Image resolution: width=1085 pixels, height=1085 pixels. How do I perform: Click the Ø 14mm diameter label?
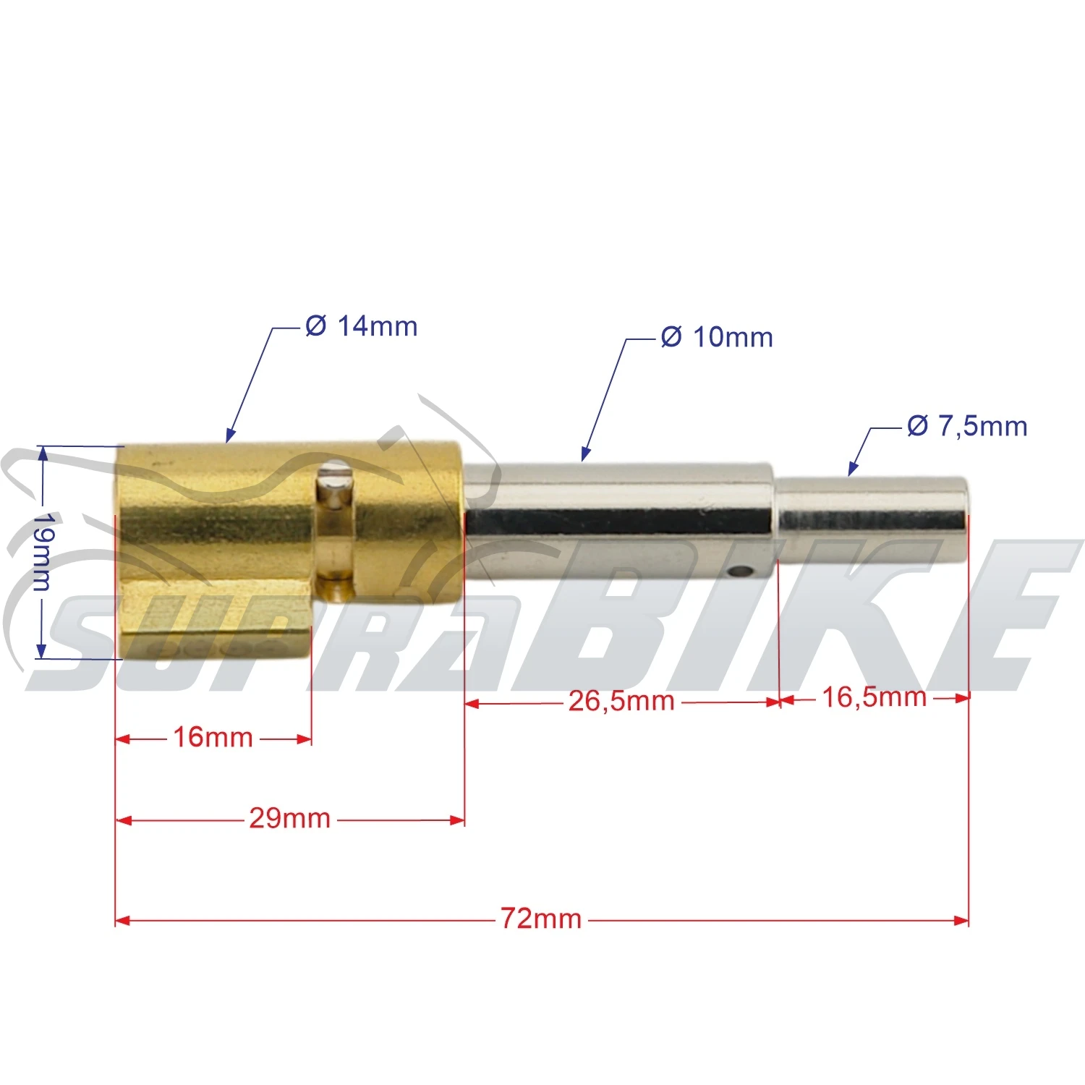click(x=361, y=326)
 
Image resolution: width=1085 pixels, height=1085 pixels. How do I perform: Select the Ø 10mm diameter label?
click(x=717, y=337)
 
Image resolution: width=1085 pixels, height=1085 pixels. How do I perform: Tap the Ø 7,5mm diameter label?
click(x=967, y=426)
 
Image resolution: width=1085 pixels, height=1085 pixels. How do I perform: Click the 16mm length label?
click(x=213, y=738)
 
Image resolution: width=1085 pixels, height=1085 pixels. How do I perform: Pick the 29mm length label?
click(x=289, y=819)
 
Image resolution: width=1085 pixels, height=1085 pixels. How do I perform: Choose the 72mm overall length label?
click(x=541, y=919)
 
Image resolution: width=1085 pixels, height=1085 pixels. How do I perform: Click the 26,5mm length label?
click(x=621, y=701)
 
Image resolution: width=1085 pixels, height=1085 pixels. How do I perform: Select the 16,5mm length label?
click(x=874, y=697)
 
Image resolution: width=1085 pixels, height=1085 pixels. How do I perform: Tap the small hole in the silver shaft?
click(x=739, y=572)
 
